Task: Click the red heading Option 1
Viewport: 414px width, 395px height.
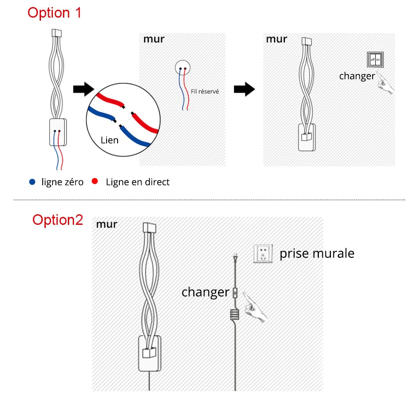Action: coord(55,12)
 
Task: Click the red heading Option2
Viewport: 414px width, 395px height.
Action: coord(58,220)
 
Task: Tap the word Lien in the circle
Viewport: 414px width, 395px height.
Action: coord(110,140)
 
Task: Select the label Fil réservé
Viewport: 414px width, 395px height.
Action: coord(205,92)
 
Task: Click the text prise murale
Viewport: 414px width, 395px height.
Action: coord(317,253)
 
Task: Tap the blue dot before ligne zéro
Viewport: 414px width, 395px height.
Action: coord(32,182)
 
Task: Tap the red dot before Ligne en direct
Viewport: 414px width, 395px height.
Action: coord(95,182)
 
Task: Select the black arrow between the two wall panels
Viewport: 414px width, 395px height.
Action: coord(244,89)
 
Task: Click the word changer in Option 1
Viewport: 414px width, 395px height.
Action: coord(357,76)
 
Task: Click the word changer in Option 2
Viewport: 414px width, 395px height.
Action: coord(205,292)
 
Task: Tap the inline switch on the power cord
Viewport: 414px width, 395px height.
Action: coord(235,292)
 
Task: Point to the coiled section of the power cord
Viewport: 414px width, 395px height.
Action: coord(235,314)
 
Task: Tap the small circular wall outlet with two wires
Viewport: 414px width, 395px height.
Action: coord(183,67)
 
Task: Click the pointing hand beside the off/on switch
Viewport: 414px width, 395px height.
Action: coord(385,84)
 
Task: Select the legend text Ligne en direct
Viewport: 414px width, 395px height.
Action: coord(137,182)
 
